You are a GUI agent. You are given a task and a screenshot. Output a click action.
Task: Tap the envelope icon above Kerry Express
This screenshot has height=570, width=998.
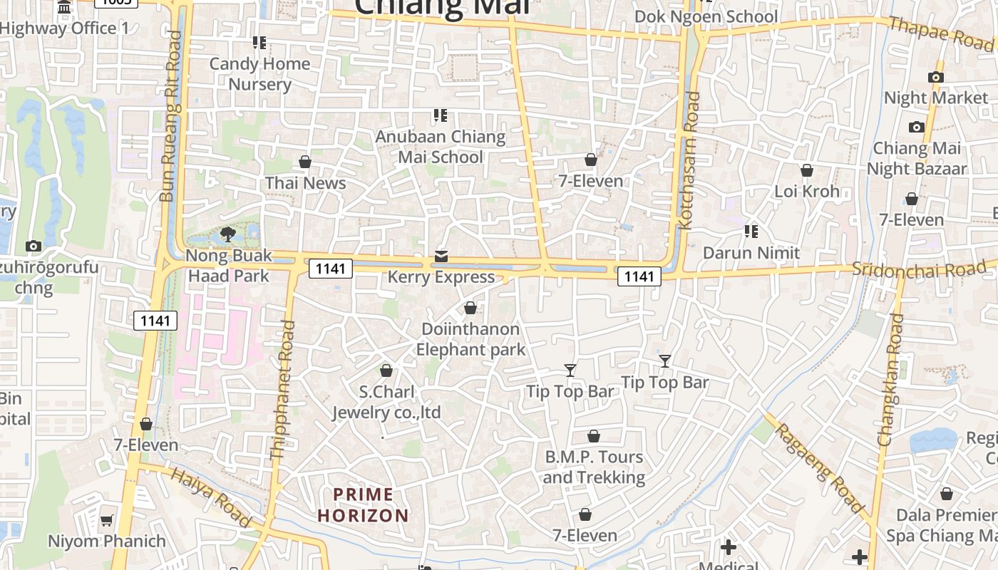click(441, 256)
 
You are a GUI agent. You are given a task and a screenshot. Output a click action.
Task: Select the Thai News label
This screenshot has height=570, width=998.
click(305, 183)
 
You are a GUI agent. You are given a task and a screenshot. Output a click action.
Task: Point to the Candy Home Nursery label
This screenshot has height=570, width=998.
click(259, 74)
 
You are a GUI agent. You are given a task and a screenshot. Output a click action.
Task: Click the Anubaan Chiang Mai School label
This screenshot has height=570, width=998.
click(441, 147)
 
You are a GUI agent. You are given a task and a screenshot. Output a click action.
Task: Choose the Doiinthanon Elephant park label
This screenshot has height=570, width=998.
click(470, 339)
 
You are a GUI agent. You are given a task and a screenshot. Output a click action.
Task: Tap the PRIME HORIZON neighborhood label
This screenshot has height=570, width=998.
click(364, 504)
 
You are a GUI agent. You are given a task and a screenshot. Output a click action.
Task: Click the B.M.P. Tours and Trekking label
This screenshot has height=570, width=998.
click(594, 467)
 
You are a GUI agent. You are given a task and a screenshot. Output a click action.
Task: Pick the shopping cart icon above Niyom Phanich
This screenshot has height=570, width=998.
click(107, 521)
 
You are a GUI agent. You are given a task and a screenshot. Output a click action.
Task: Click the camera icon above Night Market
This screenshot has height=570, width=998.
click(936, 77)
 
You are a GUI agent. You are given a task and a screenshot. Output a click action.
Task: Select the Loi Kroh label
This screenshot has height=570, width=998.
click(807, 191)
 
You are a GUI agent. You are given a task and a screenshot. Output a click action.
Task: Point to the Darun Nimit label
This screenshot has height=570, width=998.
click(751, 253)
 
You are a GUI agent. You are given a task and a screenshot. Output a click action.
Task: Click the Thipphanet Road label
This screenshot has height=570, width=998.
click(282, 390)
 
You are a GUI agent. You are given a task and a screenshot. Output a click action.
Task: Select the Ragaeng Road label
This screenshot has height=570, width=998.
click(820, 467)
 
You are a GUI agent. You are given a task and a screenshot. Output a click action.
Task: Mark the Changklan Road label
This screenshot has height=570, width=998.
click(890, 380)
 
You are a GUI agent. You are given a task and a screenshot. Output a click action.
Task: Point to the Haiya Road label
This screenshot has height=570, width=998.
click(211, 497)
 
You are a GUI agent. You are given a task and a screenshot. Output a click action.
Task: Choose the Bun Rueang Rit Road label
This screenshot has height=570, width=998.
click(171, 116)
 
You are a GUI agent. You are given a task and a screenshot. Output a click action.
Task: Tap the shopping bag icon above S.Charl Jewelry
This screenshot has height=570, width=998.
click(386, 370)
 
